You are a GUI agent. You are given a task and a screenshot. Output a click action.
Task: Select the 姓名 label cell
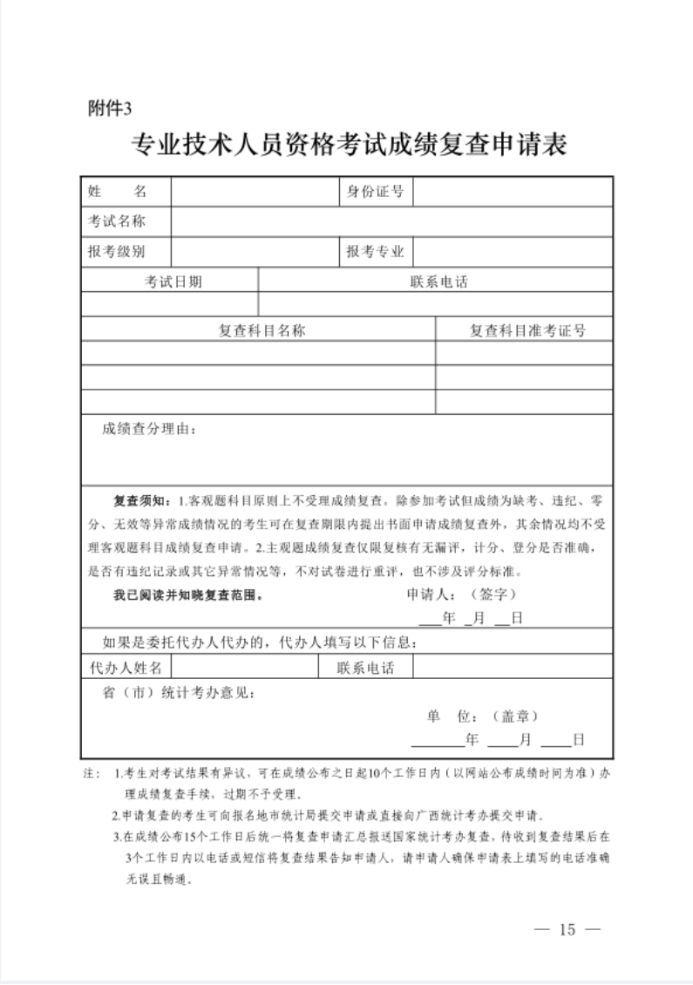coord(126,191)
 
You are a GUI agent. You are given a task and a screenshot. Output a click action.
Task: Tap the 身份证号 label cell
coord(375,191)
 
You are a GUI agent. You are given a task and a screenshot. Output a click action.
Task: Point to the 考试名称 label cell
coord(126,221)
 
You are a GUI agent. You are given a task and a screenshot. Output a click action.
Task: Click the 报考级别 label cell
coord(126,252)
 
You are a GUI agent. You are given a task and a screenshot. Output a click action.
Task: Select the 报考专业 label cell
coord(375,252)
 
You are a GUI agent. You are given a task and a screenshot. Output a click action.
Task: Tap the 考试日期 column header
coord(170,281)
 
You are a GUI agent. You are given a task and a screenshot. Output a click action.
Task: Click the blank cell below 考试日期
coord(170,303)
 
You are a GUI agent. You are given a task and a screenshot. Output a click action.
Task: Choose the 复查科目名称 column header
coord(258,329)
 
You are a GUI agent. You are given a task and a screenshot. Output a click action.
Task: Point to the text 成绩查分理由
coord(150,428)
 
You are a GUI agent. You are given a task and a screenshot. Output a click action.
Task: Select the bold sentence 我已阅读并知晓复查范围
coord(187,596)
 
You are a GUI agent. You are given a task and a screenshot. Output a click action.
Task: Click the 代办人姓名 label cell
coord(126,668)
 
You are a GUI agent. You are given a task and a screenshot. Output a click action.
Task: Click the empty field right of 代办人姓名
coord(245,668)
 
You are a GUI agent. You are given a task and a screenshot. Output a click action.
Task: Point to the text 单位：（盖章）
coord(483,717)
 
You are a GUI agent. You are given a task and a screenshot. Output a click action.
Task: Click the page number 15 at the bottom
coord(568,928)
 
